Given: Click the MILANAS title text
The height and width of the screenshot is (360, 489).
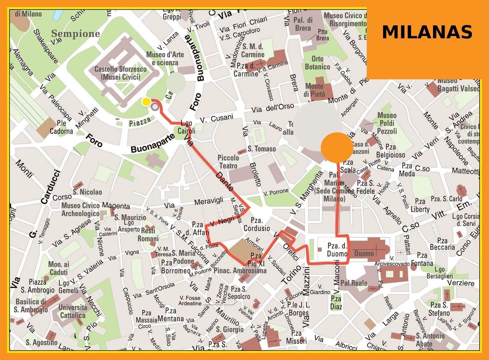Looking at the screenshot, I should click(427, 32).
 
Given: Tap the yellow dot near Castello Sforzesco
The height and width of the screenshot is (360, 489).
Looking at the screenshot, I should click(146, 102).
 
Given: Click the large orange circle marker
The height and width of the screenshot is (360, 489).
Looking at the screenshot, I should click(336, 147).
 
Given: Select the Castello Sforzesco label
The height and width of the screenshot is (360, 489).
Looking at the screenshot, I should click(120, 73).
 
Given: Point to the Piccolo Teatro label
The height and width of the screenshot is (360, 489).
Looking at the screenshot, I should click(228, 162).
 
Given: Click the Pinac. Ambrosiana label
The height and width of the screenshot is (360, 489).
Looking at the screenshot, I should click(240, 270).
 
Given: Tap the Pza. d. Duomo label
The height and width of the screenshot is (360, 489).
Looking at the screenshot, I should click(337, 250).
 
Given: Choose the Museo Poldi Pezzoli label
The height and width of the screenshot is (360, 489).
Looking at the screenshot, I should click(387, 123).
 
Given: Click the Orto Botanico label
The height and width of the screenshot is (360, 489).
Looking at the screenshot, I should click(317, 63).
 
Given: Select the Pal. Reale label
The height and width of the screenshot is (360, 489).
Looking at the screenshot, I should click(354, 283).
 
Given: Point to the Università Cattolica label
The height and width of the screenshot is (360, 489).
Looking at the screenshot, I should click(73, 311).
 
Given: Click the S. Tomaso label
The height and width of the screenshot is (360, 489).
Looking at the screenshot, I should click(261, 149).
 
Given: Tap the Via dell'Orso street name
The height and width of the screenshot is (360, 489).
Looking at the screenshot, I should click(272, 108).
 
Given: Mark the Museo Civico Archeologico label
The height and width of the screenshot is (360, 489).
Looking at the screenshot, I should click(80, 209).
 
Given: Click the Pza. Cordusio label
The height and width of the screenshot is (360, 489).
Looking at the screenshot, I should click(256, 224).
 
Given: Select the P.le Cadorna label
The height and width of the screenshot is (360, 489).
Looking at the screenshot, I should click(61, 127).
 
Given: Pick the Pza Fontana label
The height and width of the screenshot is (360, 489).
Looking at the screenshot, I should click(422, 259).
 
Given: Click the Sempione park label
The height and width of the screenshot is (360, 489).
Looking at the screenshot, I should click(76, 34).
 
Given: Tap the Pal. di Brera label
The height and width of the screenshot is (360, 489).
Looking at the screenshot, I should click(303, 24).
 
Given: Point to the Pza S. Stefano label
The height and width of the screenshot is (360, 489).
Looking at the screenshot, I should click(439, 309).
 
